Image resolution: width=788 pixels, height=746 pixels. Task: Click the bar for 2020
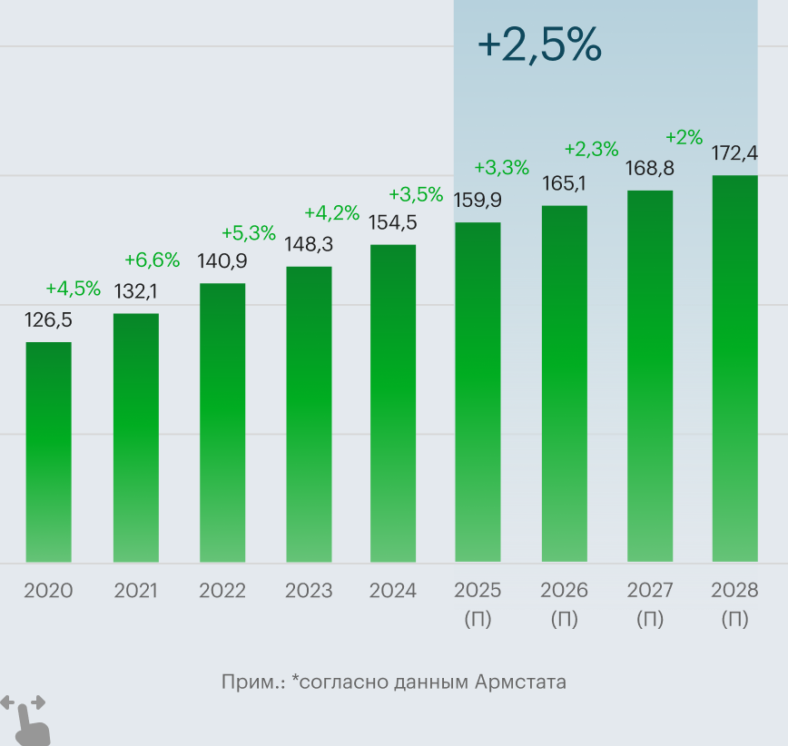(x=48, y=452)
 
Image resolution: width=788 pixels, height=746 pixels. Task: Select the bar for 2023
(x=309, y=414)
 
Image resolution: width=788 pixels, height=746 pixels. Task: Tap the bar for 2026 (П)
(x=565, y=384)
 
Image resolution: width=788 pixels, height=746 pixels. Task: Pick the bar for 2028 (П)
(x=734, y=368)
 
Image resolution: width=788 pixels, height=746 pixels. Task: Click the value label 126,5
(x=48, y=320)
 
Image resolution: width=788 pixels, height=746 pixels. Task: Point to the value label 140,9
(x=222, y=261)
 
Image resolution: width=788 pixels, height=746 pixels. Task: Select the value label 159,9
(x=478, y=200)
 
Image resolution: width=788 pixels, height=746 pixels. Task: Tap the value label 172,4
(x=734, y=152)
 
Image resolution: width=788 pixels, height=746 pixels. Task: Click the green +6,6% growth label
(x=152, y=261)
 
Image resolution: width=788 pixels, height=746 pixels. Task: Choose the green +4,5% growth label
(x=73, y=289)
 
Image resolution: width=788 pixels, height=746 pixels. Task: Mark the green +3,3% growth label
(x=501, y=167)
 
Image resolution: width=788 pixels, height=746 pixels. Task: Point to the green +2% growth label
(x=684, y=137)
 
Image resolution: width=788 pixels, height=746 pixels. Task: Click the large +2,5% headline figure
(x=539, y=45)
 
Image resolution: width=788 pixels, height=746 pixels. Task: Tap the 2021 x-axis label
(x=135, y=591)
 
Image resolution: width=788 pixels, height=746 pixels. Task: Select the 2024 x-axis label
(x=392, y=591)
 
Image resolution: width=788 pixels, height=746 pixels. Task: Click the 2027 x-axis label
(x=650, y=591)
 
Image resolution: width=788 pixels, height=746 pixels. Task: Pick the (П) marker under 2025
(x=478, y=620)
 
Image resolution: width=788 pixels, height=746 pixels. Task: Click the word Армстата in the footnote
(x=520, y=682)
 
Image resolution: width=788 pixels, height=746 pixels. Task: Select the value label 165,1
(x=564, y=183)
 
